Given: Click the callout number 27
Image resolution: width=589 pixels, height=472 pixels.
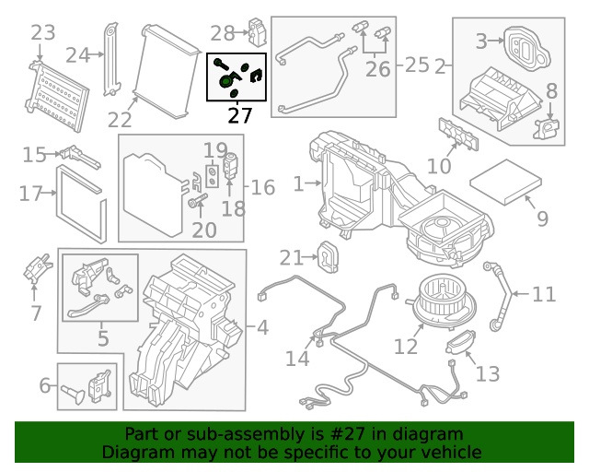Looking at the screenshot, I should (x=239, y=116).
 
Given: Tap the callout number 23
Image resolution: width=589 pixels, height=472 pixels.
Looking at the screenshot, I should (x=42, y=34).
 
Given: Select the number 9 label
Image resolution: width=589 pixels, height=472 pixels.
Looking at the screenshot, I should (x=542, y=219).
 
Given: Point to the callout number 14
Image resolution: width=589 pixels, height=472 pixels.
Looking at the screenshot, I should (x=297, y=358).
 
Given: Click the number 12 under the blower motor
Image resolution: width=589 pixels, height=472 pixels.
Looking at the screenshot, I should (x=406, y=347).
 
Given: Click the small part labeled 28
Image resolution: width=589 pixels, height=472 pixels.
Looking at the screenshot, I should (x=257, y=34).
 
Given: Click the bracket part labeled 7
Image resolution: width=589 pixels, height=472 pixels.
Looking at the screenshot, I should (x=38, y=269).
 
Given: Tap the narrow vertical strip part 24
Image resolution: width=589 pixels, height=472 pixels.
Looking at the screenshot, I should (x=111, y=57).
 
